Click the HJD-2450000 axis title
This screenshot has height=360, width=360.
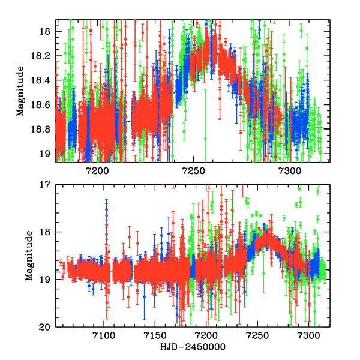click(192, 347)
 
